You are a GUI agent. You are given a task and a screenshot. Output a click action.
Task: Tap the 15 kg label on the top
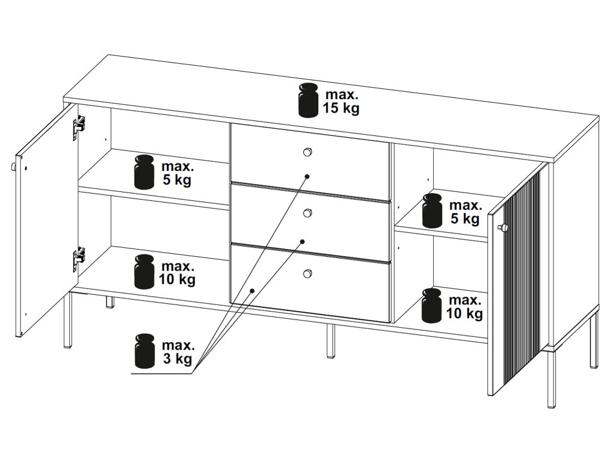341,102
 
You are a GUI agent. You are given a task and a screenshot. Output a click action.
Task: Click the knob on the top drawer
308,152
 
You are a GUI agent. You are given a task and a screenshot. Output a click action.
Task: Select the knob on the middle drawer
308,212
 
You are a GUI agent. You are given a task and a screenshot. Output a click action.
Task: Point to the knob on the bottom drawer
308,274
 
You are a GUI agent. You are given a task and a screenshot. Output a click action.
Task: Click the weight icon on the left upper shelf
144,172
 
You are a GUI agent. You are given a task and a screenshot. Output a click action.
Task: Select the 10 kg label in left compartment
177,272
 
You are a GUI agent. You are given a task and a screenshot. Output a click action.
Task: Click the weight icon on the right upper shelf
432,211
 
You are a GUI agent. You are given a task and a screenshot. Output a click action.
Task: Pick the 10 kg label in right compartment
464,306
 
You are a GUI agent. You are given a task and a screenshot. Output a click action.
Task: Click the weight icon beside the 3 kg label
144,351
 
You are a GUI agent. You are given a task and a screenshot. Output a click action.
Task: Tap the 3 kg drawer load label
177,353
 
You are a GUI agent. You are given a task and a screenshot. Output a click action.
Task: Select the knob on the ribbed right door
502,227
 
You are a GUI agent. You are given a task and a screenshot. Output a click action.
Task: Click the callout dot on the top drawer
307,177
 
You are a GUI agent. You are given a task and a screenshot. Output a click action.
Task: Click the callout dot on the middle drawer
303,241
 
